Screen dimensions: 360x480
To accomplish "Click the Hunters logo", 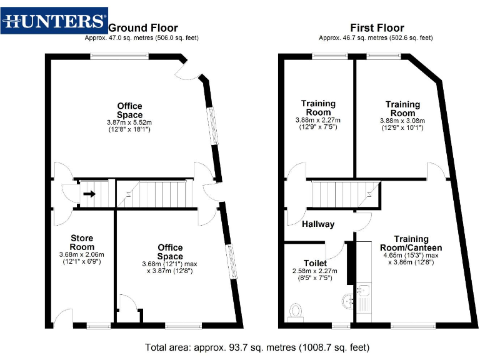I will (54, 21).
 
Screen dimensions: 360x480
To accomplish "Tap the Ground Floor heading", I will (143, 28).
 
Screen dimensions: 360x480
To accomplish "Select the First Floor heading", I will (376, 28).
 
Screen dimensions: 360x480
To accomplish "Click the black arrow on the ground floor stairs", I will (89, 194).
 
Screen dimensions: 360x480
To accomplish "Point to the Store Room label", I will (82, 242).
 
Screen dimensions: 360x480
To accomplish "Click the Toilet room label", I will (315, 264).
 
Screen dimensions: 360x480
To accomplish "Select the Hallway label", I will (318, 224).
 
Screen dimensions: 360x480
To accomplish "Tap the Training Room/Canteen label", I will (411, 243).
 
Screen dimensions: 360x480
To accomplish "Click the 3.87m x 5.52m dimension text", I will (129, 122).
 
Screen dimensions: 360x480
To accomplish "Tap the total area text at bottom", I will (257, 347).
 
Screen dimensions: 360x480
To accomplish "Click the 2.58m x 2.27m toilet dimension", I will (314, 271).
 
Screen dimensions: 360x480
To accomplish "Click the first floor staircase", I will (345, 193).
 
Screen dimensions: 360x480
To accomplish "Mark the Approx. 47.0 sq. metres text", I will (142, 38).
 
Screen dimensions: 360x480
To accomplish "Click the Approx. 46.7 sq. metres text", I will (376, 38).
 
